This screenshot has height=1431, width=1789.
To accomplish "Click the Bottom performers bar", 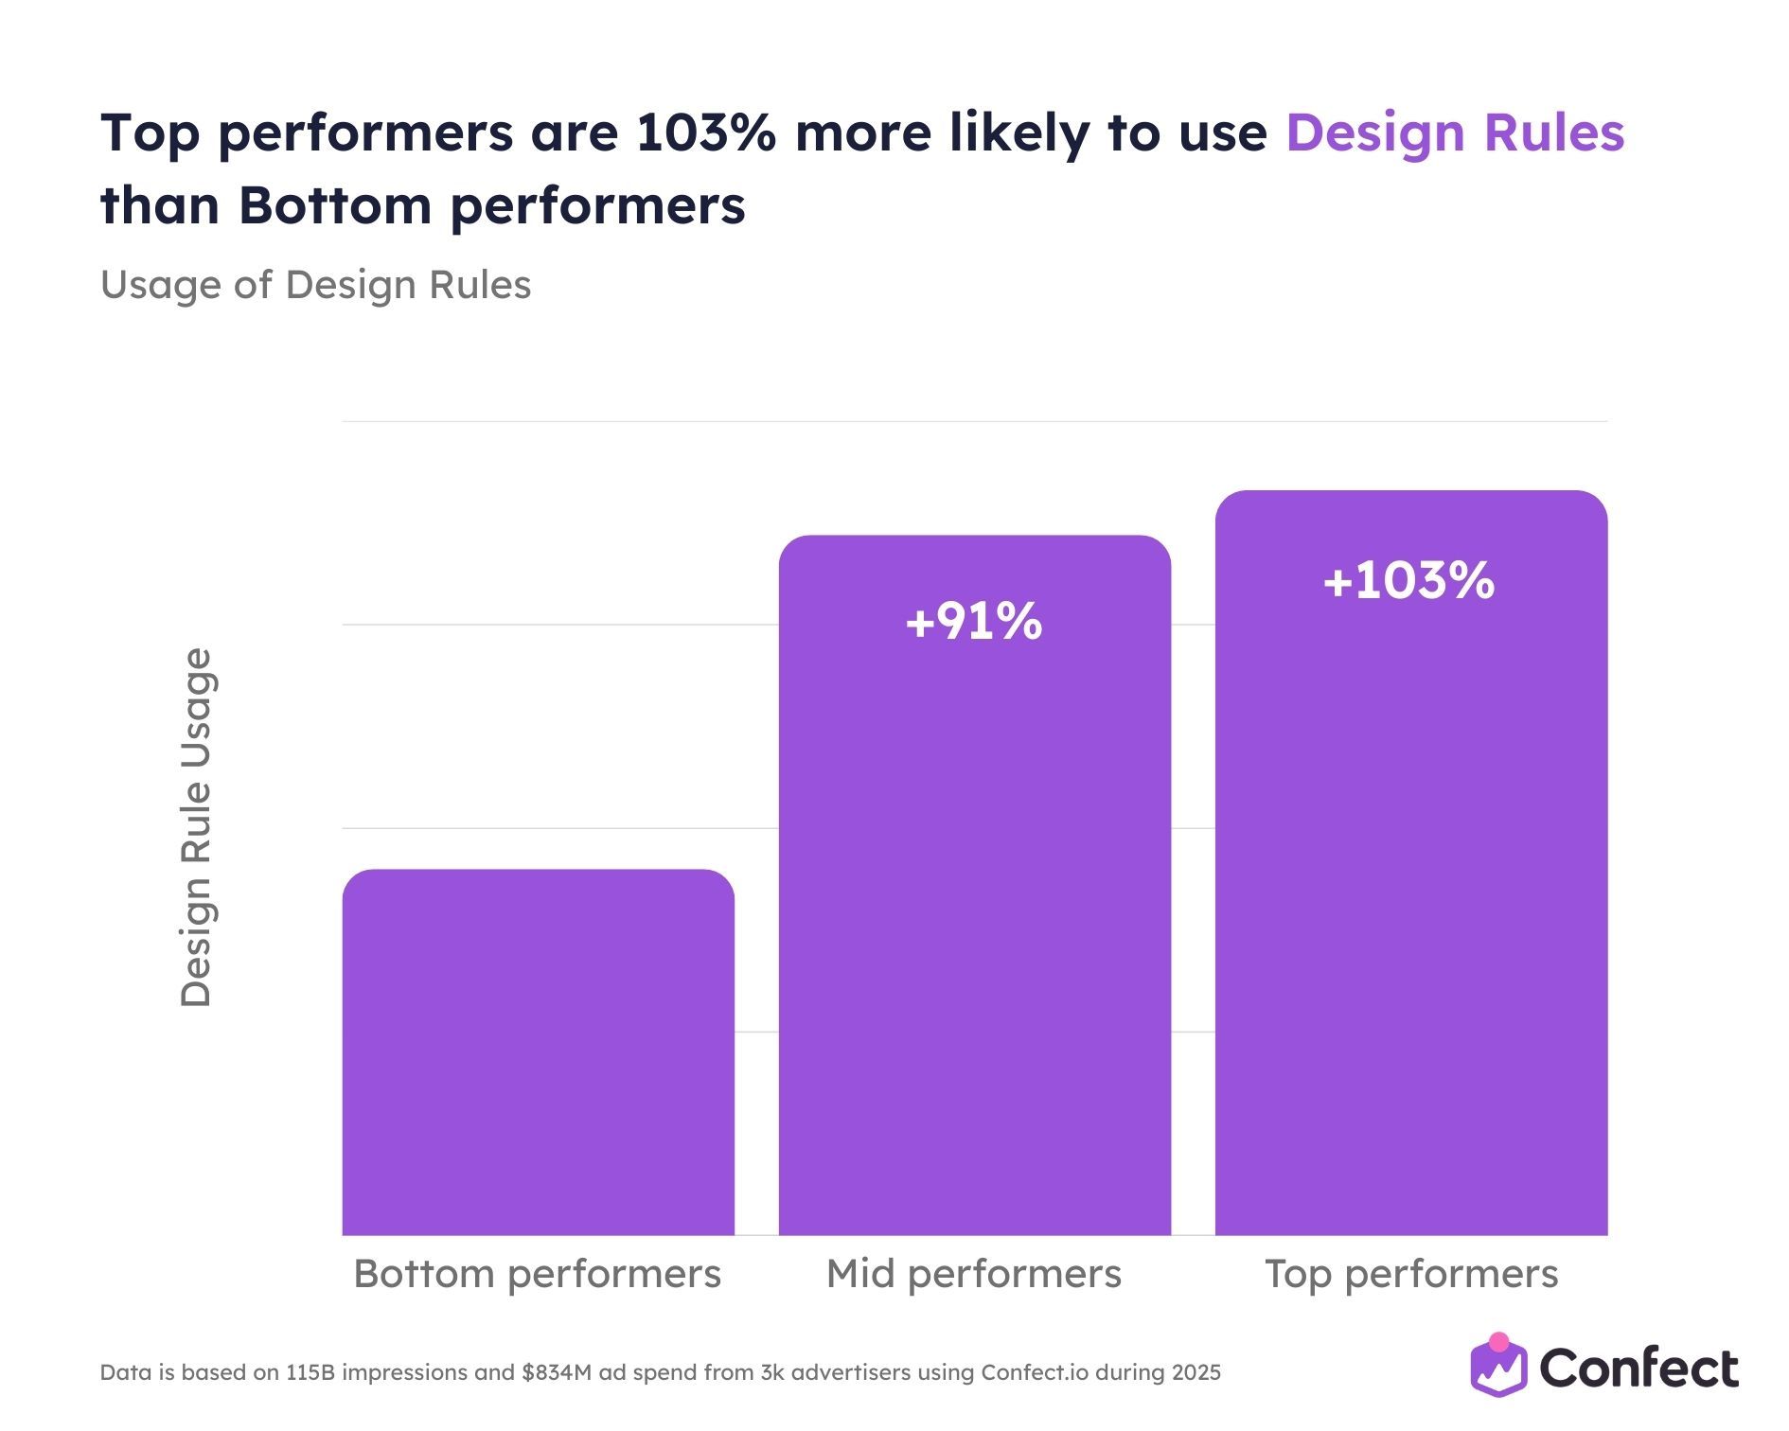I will (538, 1051).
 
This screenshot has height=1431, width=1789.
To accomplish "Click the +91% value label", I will (974, 622).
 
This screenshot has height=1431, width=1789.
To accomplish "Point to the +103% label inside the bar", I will (1408, 580).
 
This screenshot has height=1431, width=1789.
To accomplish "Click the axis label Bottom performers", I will (537, 1274).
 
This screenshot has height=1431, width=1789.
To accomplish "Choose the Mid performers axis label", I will (974, 1274).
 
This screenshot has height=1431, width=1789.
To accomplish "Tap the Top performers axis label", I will (1410, 1274).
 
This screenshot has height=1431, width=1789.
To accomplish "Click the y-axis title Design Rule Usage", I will (196, 827).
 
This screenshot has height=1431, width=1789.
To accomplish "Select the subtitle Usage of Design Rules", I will (315, 285).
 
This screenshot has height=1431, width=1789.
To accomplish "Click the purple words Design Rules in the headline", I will (1454, 132).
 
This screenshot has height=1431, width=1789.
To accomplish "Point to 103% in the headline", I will (705, 132).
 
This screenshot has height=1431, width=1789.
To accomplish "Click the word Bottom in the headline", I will (334, 204).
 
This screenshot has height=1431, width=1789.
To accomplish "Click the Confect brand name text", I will (1638, 1369).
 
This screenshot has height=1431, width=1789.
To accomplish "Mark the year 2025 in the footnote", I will (1196, 1372).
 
